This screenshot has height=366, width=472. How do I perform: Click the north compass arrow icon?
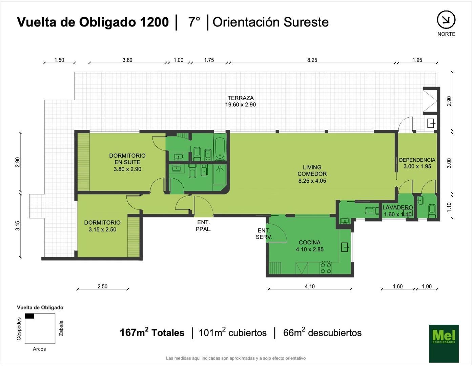tap(446, 20)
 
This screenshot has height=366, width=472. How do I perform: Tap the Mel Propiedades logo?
tap(444, 343)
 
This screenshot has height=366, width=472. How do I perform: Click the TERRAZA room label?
tap(241, 101)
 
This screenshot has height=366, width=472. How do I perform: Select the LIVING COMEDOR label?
tap(312, 174)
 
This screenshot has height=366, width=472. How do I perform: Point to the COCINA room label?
tap(309, 246)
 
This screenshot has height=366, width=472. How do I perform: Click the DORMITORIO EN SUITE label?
tap(127, 162)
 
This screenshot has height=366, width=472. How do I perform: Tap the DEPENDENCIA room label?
tap(417, 163)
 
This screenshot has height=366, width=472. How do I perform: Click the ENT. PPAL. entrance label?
tap(203, 225)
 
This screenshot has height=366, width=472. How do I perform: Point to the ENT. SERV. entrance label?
tap(264, 234)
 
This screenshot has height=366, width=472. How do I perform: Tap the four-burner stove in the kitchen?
tap(326, 268)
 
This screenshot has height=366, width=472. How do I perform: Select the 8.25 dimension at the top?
tap(312, 60)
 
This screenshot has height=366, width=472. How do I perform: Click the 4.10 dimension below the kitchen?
tap(309, 286)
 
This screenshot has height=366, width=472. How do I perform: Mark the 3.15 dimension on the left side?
tap(17, 226)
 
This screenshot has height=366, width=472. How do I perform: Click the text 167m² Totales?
tap(152, 332)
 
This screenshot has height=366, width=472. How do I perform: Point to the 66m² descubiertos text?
tap(322, 333)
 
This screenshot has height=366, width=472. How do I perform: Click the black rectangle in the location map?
tap(29, 316)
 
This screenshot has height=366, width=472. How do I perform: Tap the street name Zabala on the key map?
tap(61, 328)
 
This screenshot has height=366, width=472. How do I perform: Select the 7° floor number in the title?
tap(194, 22)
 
